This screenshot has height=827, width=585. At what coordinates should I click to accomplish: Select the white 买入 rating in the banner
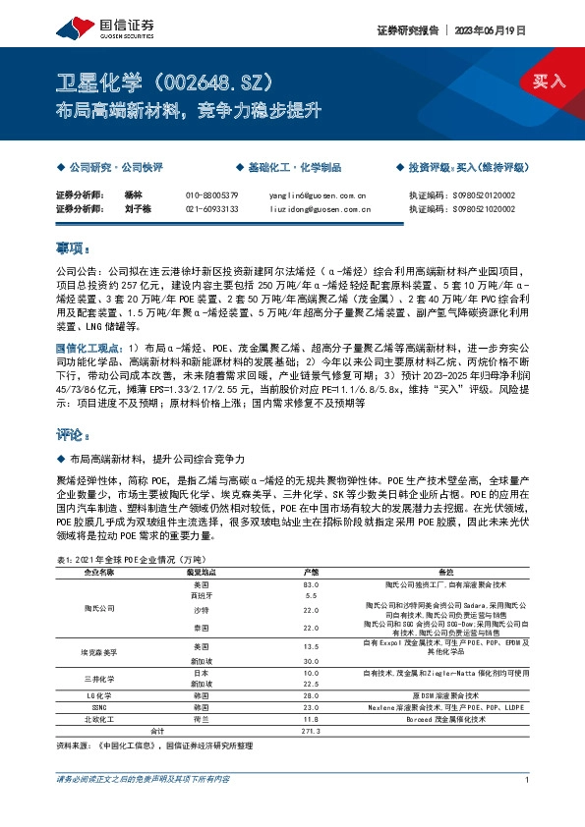(551, 80)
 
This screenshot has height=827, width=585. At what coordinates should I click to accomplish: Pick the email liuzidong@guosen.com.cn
(320, 208)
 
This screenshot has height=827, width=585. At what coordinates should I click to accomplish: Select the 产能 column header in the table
(311, 572)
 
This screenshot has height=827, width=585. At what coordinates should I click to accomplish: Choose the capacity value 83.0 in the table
(311, 584)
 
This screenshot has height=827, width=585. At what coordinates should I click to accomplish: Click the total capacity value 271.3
(311, 732)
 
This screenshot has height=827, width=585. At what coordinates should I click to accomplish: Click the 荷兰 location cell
(201, 720)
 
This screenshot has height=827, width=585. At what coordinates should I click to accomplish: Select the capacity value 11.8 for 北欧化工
(311, 720)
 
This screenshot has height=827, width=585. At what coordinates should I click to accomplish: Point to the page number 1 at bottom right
(528, 806)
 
